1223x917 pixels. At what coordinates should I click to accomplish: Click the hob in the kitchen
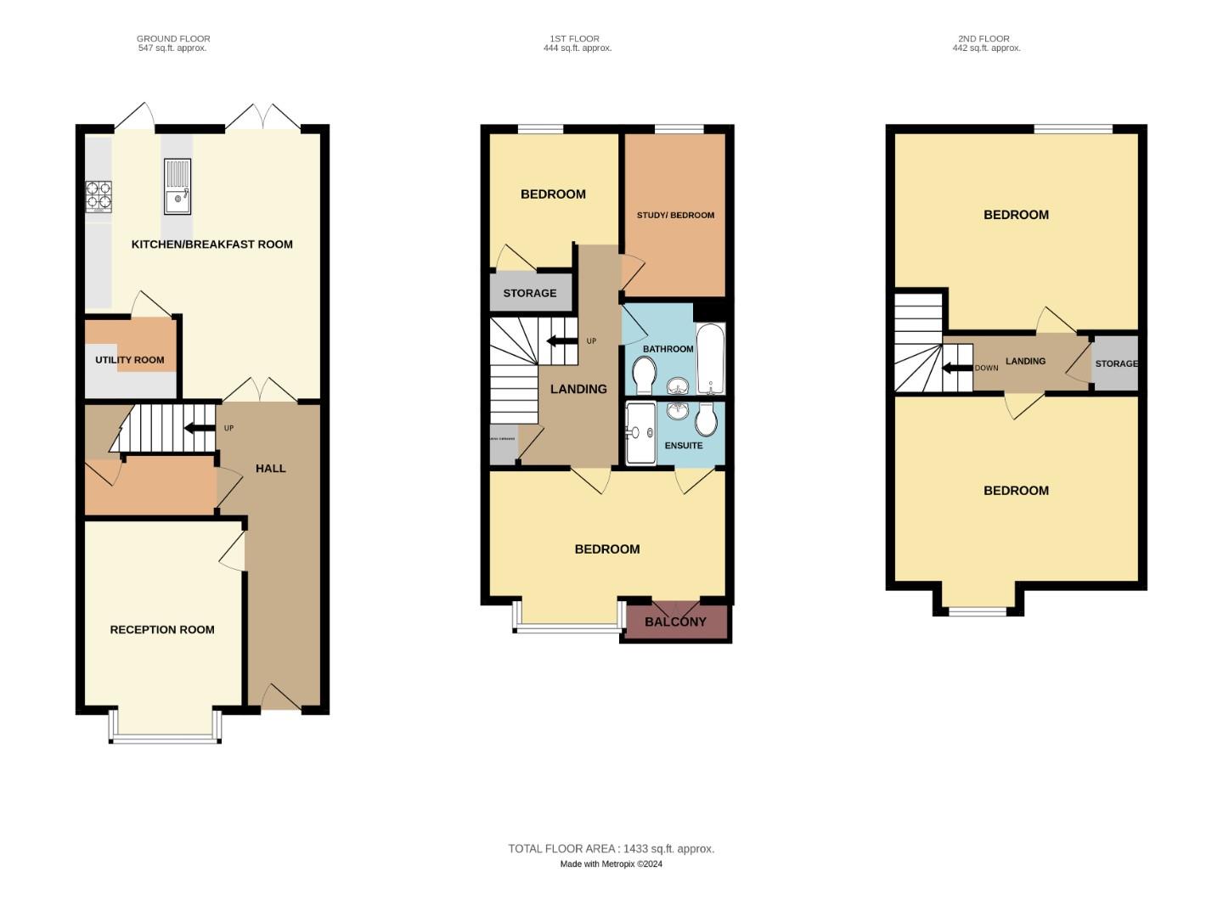click(99, 197)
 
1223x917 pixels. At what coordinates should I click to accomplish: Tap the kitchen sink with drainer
click(178, 186)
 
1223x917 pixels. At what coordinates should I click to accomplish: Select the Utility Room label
click(130, 360)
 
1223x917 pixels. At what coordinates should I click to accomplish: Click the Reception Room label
click(162, 630)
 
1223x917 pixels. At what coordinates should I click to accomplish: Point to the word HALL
click(271, 469)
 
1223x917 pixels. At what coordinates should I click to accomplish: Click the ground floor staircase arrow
click(200, 428)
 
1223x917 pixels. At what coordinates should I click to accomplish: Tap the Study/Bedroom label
click(675, 216)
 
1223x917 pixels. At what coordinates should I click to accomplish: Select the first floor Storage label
click(530, 294)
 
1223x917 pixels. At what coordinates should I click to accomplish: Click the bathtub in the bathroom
click(711, 357)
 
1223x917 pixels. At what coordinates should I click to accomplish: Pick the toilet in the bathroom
click(645, 374)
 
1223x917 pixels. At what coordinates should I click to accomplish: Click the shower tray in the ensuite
click(641, 434)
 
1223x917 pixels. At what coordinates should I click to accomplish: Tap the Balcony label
click(675, 622)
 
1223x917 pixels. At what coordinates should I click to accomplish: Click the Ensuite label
click(684, 446)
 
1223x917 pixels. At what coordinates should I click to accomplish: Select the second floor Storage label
click(1116, 364)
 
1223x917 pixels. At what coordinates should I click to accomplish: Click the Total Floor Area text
click(611, 849)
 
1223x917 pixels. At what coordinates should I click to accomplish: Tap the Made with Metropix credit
click(611, 864)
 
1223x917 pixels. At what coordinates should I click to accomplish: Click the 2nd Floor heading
click(984, 39)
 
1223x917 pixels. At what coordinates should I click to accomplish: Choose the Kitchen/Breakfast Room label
click(211, 245)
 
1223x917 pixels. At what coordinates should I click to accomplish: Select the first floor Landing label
click(578, 390)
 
